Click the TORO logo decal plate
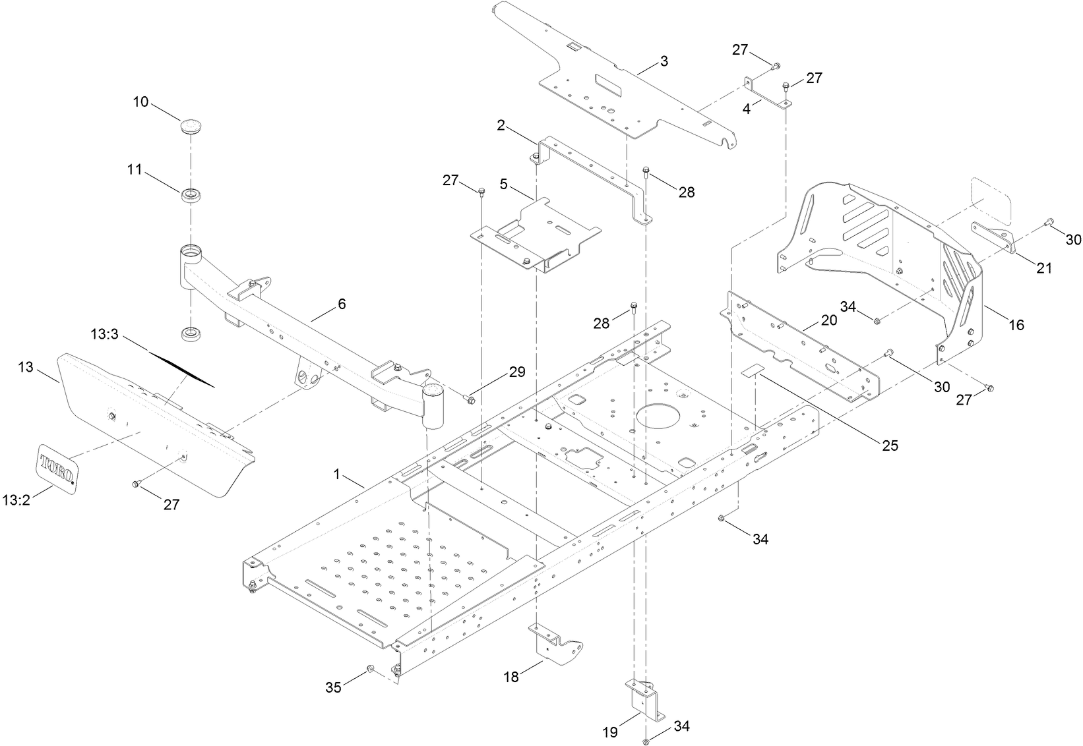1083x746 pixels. click(x=57, y=467)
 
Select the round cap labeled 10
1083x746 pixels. click(x=191, y=125)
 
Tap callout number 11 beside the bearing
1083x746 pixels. click(x=135, y=169)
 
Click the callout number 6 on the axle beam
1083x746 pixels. click(x=341, y=304)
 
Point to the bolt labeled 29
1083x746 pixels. click(x=469, y=399)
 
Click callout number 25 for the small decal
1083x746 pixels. click(x=890, y=445)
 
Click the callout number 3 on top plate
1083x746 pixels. click(x=664, y=61)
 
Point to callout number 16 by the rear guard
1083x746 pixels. click(x=1016, y=325)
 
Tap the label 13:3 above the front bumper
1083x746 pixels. click(x=104, y=335)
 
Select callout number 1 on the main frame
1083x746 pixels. click(x=337, y=474)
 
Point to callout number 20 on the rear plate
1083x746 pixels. click(x=828, y=320)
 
